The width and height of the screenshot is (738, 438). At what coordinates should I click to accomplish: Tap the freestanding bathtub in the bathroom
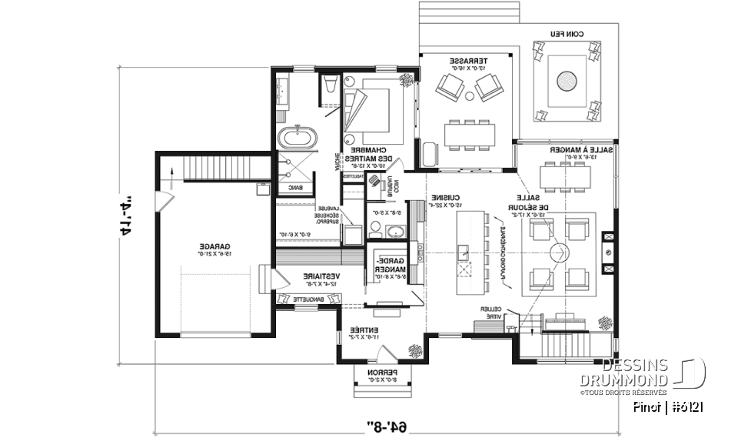pyautogui.click(x=297, y=139)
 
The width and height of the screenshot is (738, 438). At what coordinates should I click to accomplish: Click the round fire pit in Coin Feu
pyautogui.click(x=567, y=79)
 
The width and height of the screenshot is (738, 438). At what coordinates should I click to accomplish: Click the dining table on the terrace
pyautogui.click(x=469, y=135)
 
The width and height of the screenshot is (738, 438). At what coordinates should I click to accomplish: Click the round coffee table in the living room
pyautogui.click(x=558, y=251)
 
